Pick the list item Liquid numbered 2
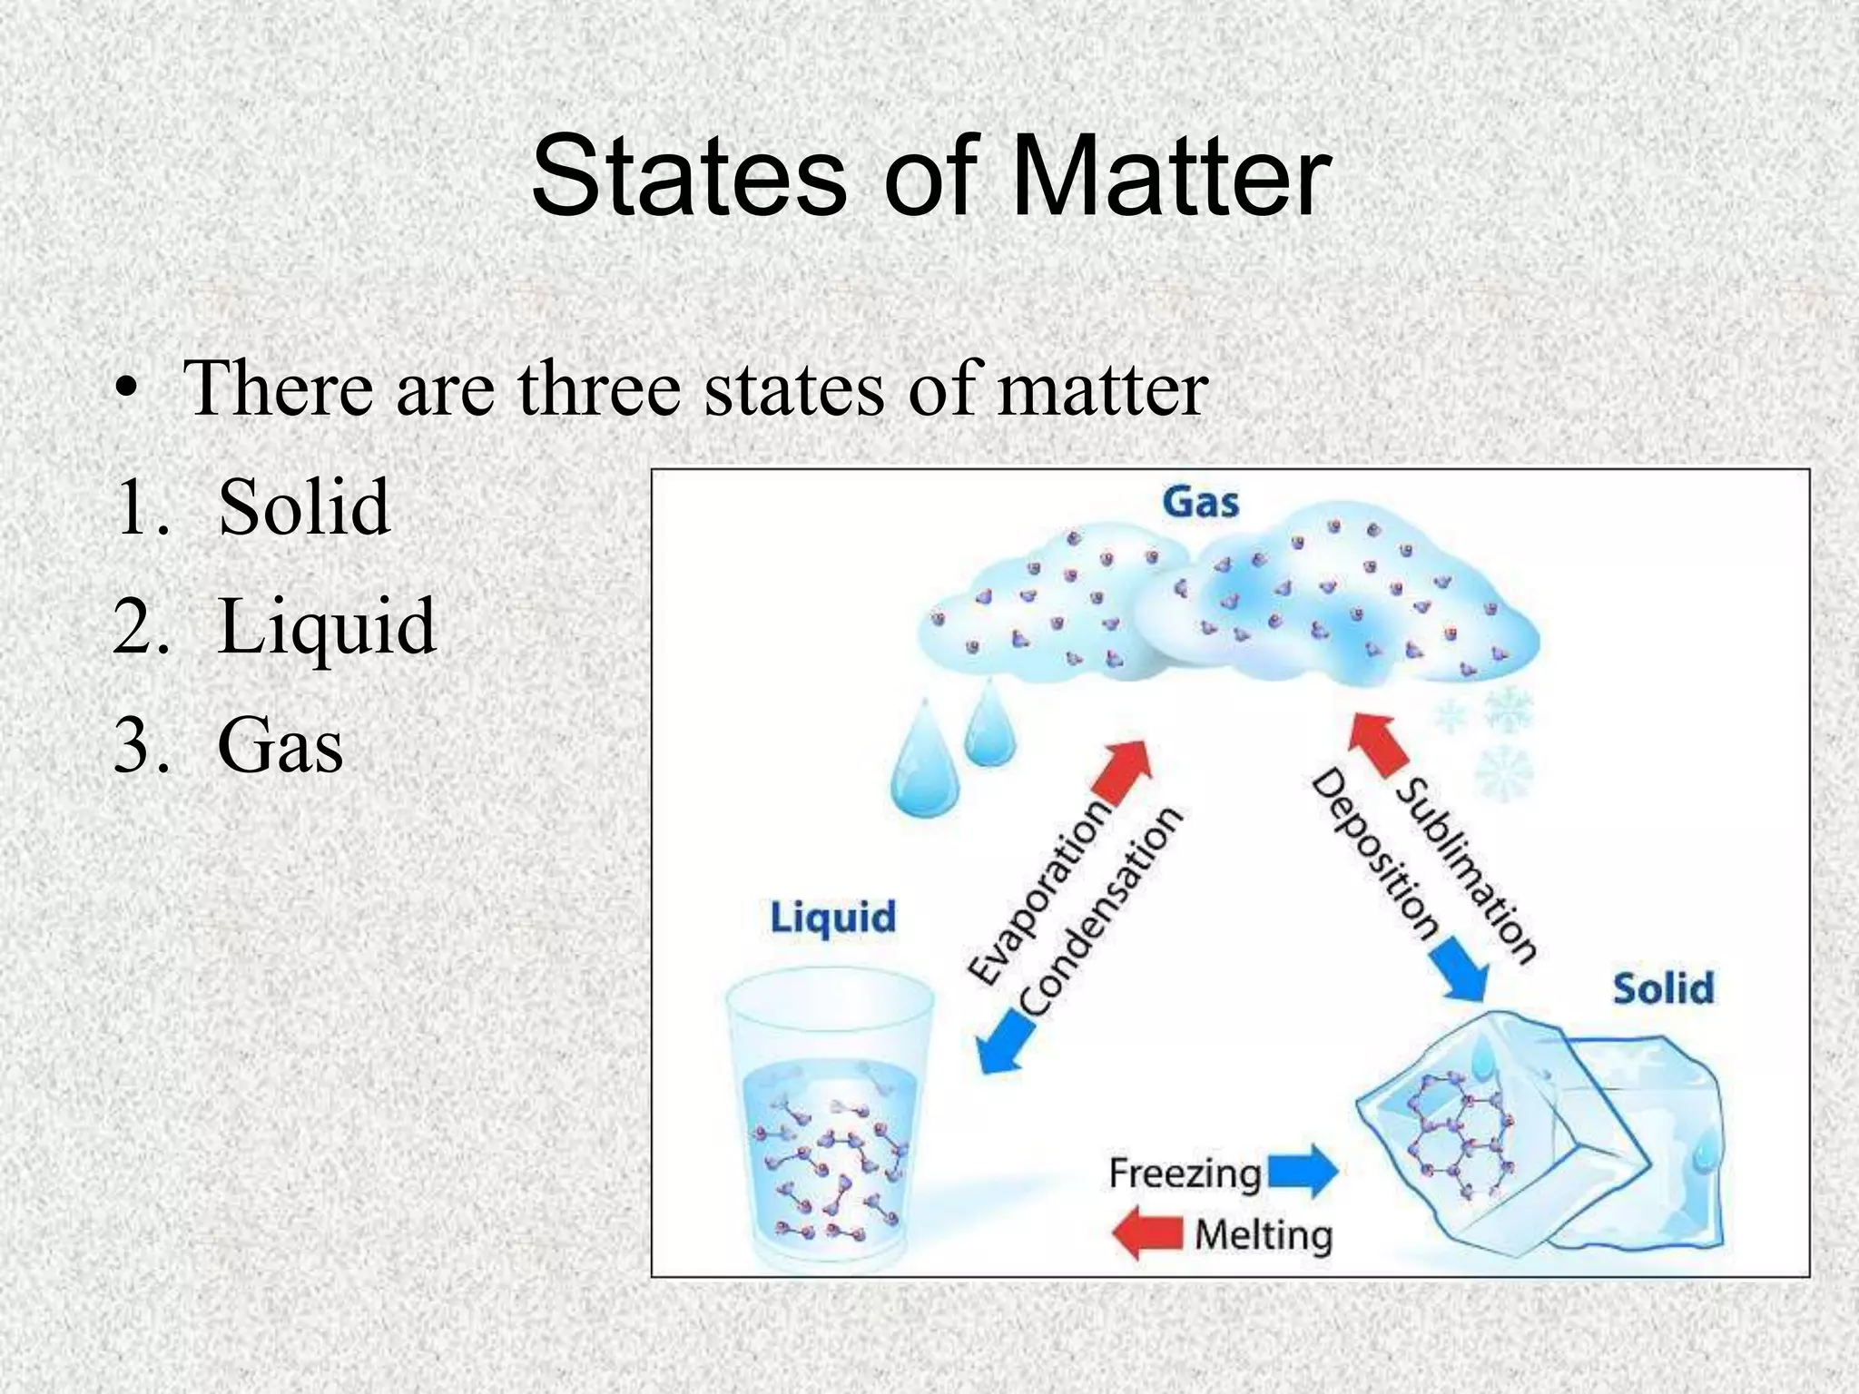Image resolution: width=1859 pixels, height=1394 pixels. [327, 626]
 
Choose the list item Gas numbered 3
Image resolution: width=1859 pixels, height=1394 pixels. [280, 746]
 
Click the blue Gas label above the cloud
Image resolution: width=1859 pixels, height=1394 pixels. [1201, 501]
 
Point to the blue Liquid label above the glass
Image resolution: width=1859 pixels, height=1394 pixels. [832, 918]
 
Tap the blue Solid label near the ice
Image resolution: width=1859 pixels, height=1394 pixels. [1663, 988]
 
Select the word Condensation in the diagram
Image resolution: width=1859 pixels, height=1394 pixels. [1100, 911]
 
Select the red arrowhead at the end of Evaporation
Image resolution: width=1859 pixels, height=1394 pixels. [1124, 767]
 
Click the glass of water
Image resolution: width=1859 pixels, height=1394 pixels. [829, 1125]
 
